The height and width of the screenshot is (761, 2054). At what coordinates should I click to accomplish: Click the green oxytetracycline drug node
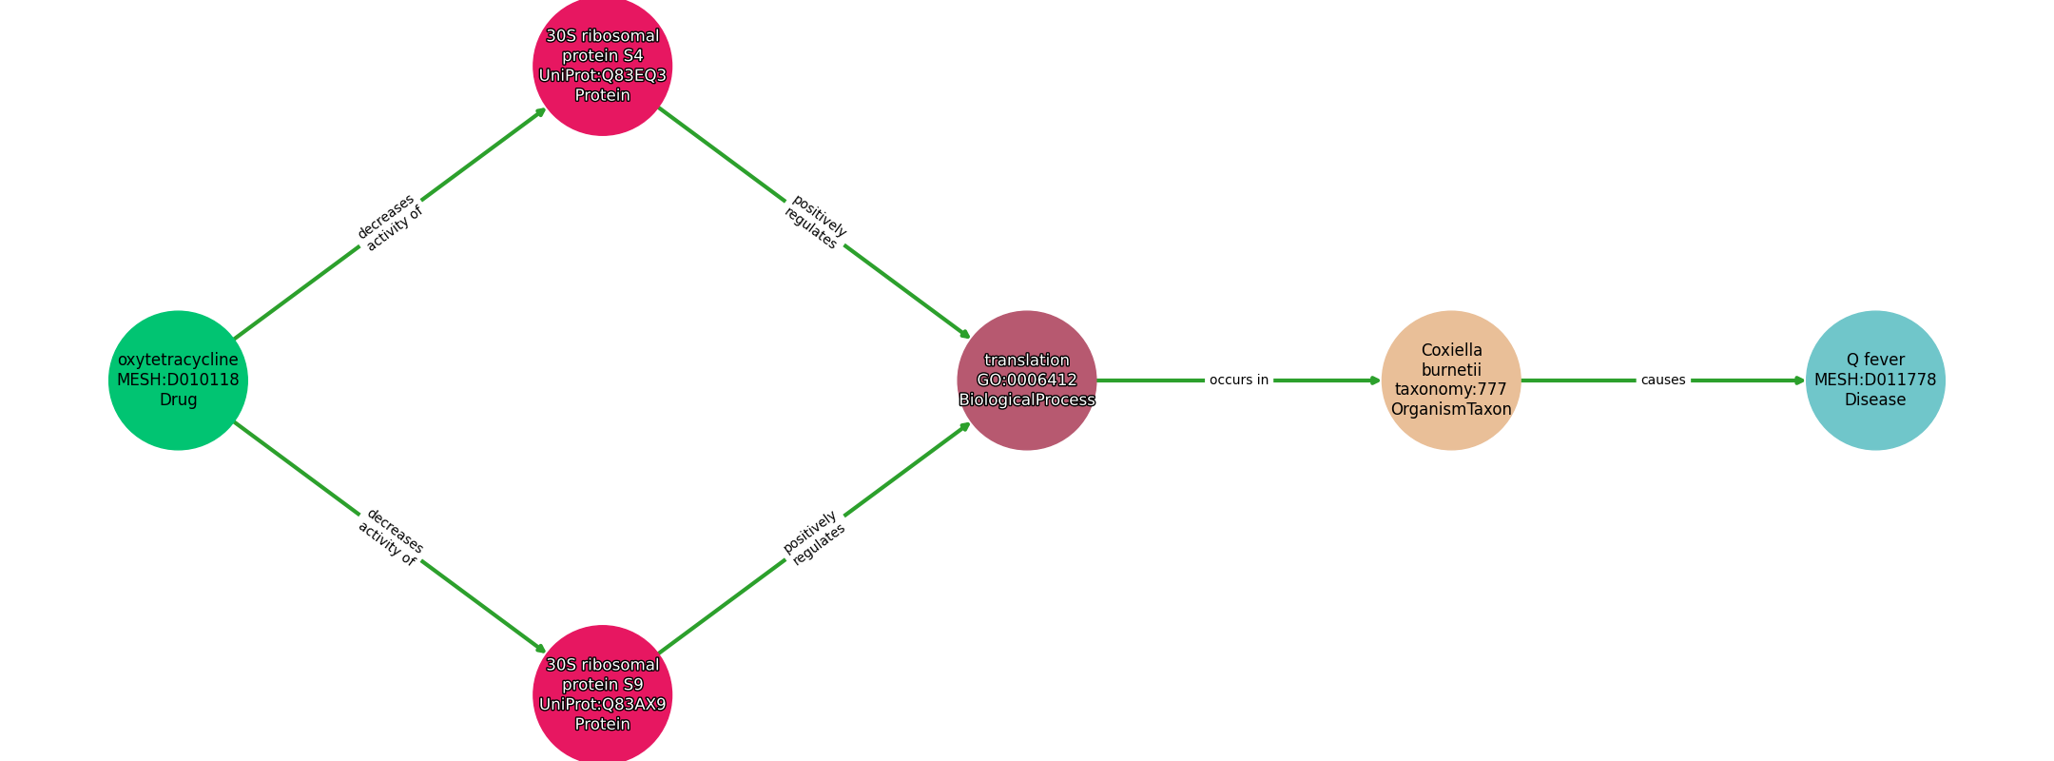coord(178,380)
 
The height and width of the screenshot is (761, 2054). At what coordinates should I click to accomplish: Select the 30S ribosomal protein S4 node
coord(603,66)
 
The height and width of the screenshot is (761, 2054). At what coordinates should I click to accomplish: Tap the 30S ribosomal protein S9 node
coord(603,694)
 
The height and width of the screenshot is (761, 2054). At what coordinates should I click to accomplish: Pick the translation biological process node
coord(1027,380)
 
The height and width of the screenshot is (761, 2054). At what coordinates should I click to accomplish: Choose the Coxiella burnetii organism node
coord(1451,380)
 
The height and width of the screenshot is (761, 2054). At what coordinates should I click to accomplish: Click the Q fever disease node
coord(1875,380)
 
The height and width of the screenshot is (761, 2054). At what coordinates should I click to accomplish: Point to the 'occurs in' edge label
coord(1239,380)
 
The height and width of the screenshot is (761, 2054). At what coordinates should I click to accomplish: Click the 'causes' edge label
coord(1663,380)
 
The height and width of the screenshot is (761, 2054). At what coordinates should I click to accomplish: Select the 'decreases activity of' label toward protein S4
coord(390,223)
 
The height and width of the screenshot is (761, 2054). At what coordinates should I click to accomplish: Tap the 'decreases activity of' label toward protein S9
coord(390,537)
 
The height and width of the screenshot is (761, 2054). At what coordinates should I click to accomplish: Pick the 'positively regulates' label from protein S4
coord(815,223)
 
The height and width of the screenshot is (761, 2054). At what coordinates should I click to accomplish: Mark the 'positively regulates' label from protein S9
coord(815,537)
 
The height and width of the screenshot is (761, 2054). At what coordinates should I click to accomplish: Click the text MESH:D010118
coord(178,380)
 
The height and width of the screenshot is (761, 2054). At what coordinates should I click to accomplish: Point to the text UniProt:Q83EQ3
coord(603,76)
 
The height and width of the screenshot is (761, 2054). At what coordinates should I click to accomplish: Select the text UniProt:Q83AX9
coord(603,705)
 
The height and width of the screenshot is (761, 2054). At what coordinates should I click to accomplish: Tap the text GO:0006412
coord(1027,380)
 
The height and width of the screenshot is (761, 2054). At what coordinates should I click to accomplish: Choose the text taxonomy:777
coord(1451,390)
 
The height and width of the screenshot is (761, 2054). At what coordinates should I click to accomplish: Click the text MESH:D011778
coord(1875,380)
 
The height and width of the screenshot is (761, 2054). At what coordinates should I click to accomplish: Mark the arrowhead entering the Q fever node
coord(1799,380)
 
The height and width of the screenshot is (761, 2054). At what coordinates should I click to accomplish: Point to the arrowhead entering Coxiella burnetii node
coord(1375,380)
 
